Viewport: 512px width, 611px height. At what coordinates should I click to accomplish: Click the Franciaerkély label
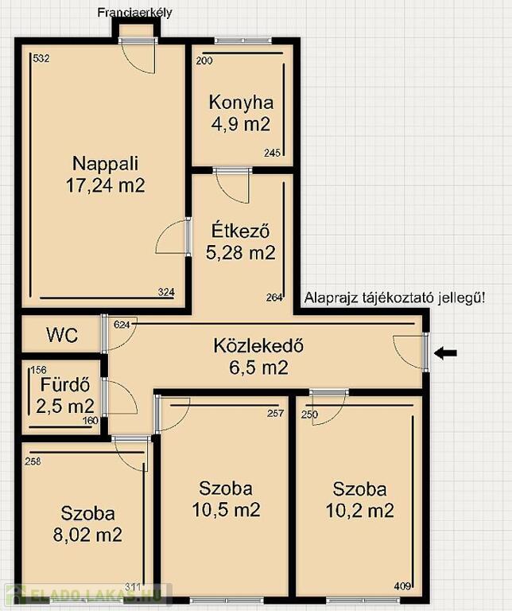(134, 13)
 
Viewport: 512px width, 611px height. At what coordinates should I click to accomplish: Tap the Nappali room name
(105, 164)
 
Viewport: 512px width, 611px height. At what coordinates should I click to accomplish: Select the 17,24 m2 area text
(105, 185)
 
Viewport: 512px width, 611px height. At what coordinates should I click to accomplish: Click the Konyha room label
(241, 103)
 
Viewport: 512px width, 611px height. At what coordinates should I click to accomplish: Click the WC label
(62, 335)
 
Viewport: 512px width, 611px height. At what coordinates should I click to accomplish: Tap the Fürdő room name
(65, 385)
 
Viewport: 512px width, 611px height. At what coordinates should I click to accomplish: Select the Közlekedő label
(258, 345)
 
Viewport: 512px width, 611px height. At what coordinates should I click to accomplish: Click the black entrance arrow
(445, 353)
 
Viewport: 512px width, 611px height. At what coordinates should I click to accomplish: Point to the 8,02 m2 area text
(87, 535)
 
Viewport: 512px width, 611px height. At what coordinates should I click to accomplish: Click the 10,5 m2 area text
(227, 510)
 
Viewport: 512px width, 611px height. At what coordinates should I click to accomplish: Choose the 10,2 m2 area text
(360, 511)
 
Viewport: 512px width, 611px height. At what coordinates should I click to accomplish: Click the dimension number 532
(41, 59)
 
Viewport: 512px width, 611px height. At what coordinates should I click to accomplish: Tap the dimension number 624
(122, 325)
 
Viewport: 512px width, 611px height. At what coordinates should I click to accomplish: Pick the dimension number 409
(402, 597)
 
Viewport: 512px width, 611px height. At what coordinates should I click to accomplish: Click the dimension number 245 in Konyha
(272, 153)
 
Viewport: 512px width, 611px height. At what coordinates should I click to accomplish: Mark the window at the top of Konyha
(242, 40)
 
